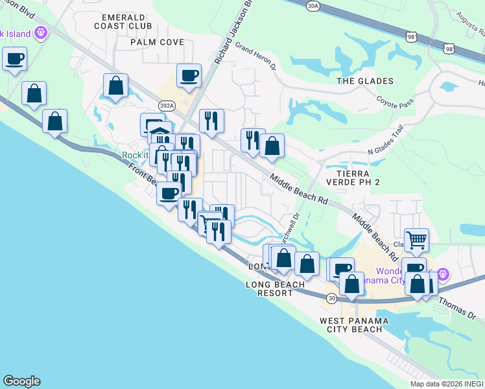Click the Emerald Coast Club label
123,21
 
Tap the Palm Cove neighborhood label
157,42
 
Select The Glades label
365,81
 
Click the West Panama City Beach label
354,325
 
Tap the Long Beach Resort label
276,289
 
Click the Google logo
21,381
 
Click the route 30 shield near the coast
331,298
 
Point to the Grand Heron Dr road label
255,56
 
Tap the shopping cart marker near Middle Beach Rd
416,239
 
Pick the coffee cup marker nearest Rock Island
14,58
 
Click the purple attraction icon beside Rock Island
41,30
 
